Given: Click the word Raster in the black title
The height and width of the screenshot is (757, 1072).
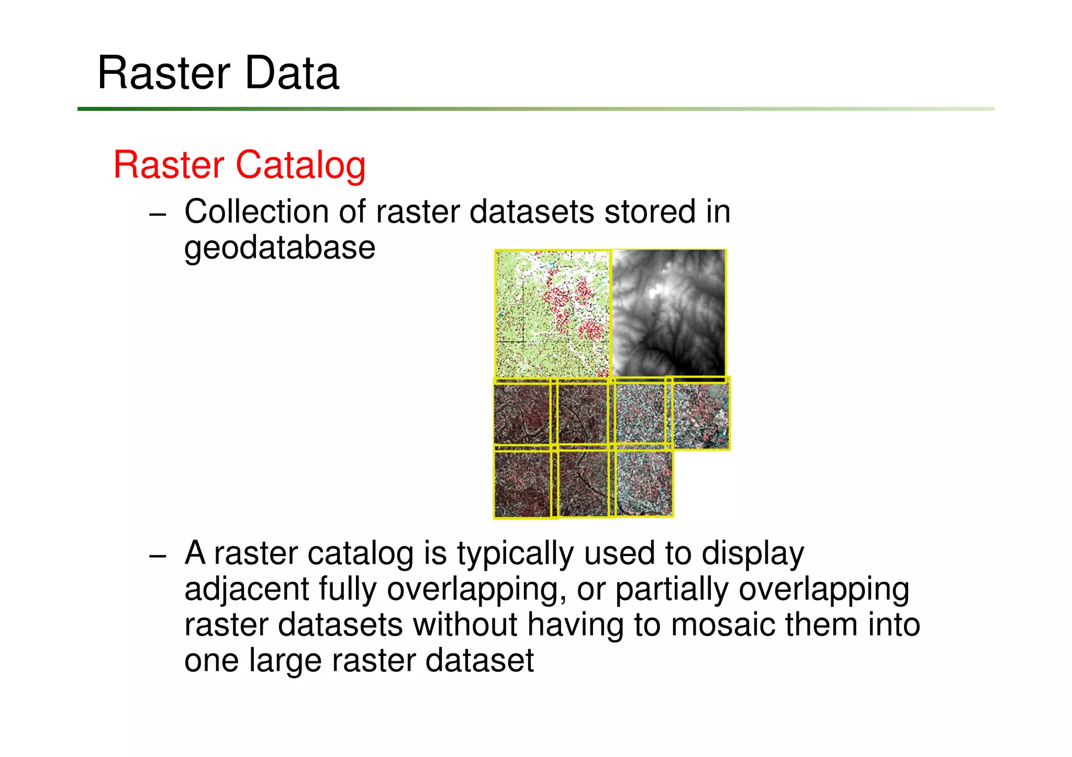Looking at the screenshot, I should click(164, 73).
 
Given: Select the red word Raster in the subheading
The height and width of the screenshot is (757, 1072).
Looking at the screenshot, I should click(169, 165).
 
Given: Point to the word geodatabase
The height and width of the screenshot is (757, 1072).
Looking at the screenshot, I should click(280, 248).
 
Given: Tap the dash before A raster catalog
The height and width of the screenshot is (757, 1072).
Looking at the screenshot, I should click(157, 556).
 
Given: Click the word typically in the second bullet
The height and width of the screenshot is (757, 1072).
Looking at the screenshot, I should click(515, 554).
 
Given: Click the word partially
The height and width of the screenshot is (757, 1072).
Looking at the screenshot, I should click(672, 590).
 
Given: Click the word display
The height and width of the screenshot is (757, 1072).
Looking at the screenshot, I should click(753, 554).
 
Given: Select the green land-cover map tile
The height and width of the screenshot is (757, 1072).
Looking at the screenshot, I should click(552, 314).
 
